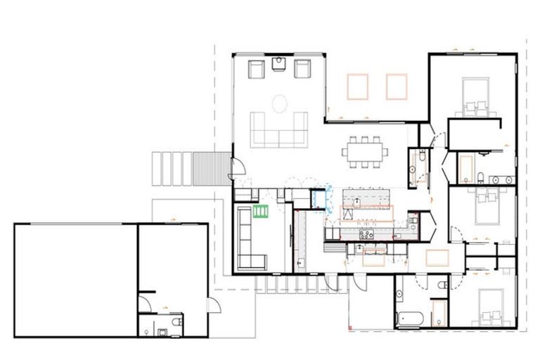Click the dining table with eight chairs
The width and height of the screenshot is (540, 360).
click(365, 151)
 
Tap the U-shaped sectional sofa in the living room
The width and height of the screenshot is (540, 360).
click(281, 131)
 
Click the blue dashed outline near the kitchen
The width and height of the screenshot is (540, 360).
click(323, 198)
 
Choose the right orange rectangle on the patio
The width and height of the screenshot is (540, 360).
click(397, 86)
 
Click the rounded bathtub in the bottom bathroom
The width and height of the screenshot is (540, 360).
click(410, 318)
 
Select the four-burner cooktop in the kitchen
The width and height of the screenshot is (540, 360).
click(366, 234)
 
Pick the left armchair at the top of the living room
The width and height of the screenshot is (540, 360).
click(256, 68)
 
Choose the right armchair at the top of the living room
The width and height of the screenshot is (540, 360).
click(302, 68)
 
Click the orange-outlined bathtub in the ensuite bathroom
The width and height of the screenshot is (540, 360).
click(465, 168)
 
